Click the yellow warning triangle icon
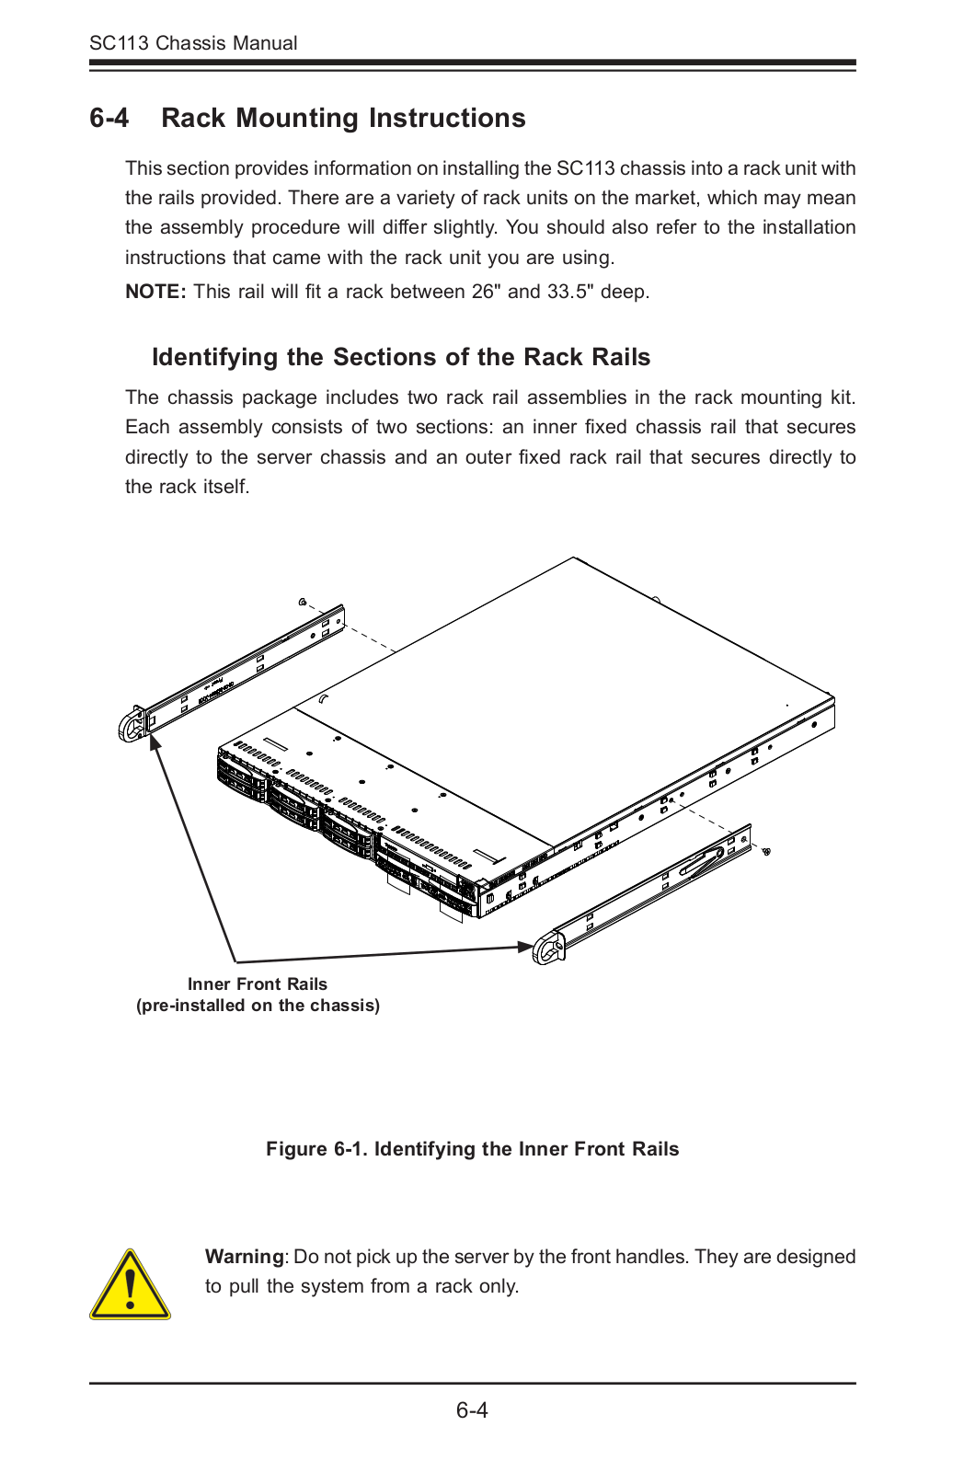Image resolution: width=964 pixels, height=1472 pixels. (x=130, y=1286)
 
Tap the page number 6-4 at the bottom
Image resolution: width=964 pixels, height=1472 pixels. (x=472, y=1410)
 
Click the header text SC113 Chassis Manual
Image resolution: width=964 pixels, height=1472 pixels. (x=193, y=43)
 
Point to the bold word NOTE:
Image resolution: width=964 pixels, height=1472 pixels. (x=155, y=292)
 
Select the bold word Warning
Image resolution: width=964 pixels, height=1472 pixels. (x=245, y=1257)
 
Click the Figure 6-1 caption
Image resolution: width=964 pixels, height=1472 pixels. (x=472, y=1149)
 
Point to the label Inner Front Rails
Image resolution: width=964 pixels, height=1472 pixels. (x=258, y=984)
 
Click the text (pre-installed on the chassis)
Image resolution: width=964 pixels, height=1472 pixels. (x=258, y=1006)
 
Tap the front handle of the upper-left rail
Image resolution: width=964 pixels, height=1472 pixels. (x=132, y=725)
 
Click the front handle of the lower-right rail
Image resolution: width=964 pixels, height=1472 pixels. (x=549, y=948)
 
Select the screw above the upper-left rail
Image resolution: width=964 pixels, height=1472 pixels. (x=303, y=602)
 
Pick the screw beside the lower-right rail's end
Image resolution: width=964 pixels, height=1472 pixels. (x=766, y=851)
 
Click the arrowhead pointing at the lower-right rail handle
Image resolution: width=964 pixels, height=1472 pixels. (x=525, y=946)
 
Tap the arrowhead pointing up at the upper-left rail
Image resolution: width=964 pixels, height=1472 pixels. (x=155, y=741)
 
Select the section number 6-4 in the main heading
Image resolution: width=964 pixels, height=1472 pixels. (x=109, y=119)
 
